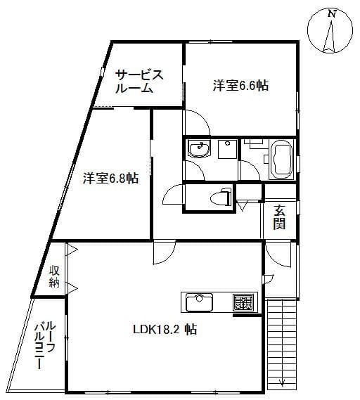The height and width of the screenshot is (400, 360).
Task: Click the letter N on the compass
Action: (x=331, y=14)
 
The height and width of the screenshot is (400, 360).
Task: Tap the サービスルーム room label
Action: (x=139, y=82)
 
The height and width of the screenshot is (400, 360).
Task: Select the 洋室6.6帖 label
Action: (x=240, y=86)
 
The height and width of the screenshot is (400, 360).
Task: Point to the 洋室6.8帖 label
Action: (x=110, y=178)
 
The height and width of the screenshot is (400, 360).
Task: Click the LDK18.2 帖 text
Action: (x=165, y=329)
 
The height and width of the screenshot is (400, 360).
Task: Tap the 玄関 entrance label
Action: (x=279, y=217)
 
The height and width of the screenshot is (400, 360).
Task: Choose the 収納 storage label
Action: (x=54, y=276)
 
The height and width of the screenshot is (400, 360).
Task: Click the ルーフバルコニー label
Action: (x=45, y=345)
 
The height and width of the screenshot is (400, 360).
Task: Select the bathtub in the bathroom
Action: (x=282, y=159)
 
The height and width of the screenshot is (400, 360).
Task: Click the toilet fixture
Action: (x=221, y=198)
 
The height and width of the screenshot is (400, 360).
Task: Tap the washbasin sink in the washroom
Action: (x=199, y=149)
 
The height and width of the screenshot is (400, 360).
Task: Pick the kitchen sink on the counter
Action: (x=199, y=302)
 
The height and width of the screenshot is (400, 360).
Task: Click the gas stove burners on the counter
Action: (x=243, y=302)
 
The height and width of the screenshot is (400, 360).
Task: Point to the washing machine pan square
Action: (x=228, y=149)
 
